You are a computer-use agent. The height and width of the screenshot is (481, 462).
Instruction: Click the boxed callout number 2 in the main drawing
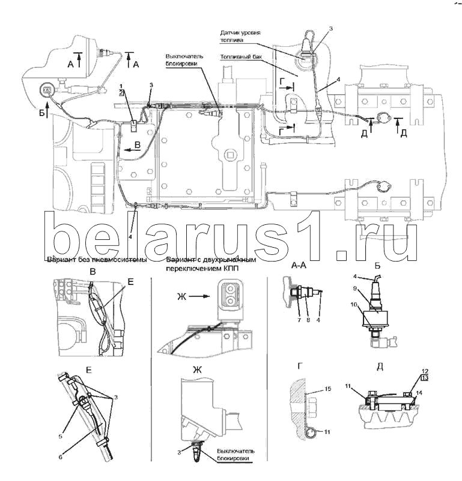click(x=121, y=93)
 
